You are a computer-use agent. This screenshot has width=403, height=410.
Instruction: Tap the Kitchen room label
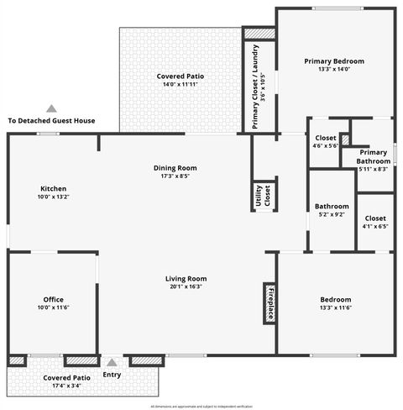coord(53,188)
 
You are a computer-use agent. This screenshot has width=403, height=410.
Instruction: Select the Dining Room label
coord(175,167)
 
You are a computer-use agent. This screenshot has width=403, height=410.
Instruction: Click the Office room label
coord(53,299)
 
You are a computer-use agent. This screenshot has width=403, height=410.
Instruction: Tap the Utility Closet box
coord(263,196)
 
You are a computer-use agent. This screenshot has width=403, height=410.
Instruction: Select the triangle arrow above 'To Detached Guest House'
coord(51,108)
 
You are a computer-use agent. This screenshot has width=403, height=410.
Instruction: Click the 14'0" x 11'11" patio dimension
coord(181,84)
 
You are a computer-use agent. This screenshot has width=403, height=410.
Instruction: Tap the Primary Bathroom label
coord(374,156)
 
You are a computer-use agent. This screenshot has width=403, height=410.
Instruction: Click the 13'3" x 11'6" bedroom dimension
coord(335,307)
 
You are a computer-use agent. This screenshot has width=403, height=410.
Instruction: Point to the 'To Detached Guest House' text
coord(51,121)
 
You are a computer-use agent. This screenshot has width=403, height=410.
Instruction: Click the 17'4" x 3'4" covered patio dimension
coord(67,386)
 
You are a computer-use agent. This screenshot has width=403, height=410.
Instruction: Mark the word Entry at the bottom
coord(111,375)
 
